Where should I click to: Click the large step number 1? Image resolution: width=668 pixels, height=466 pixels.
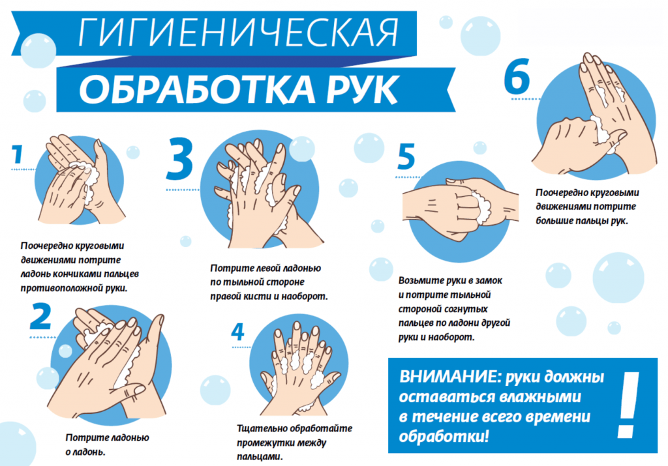(x=18, y=154)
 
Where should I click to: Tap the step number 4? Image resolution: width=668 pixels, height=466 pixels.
(x=237, y=332)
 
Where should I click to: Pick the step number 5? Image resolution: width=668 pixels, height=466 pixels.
(x=406, y=157)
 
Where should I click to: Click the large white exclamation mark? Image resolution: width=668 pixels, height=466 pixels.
(x=627, y=405)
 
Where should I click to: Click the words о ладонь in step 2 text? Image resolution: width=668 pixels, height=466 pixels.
(x=87, y=451)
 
